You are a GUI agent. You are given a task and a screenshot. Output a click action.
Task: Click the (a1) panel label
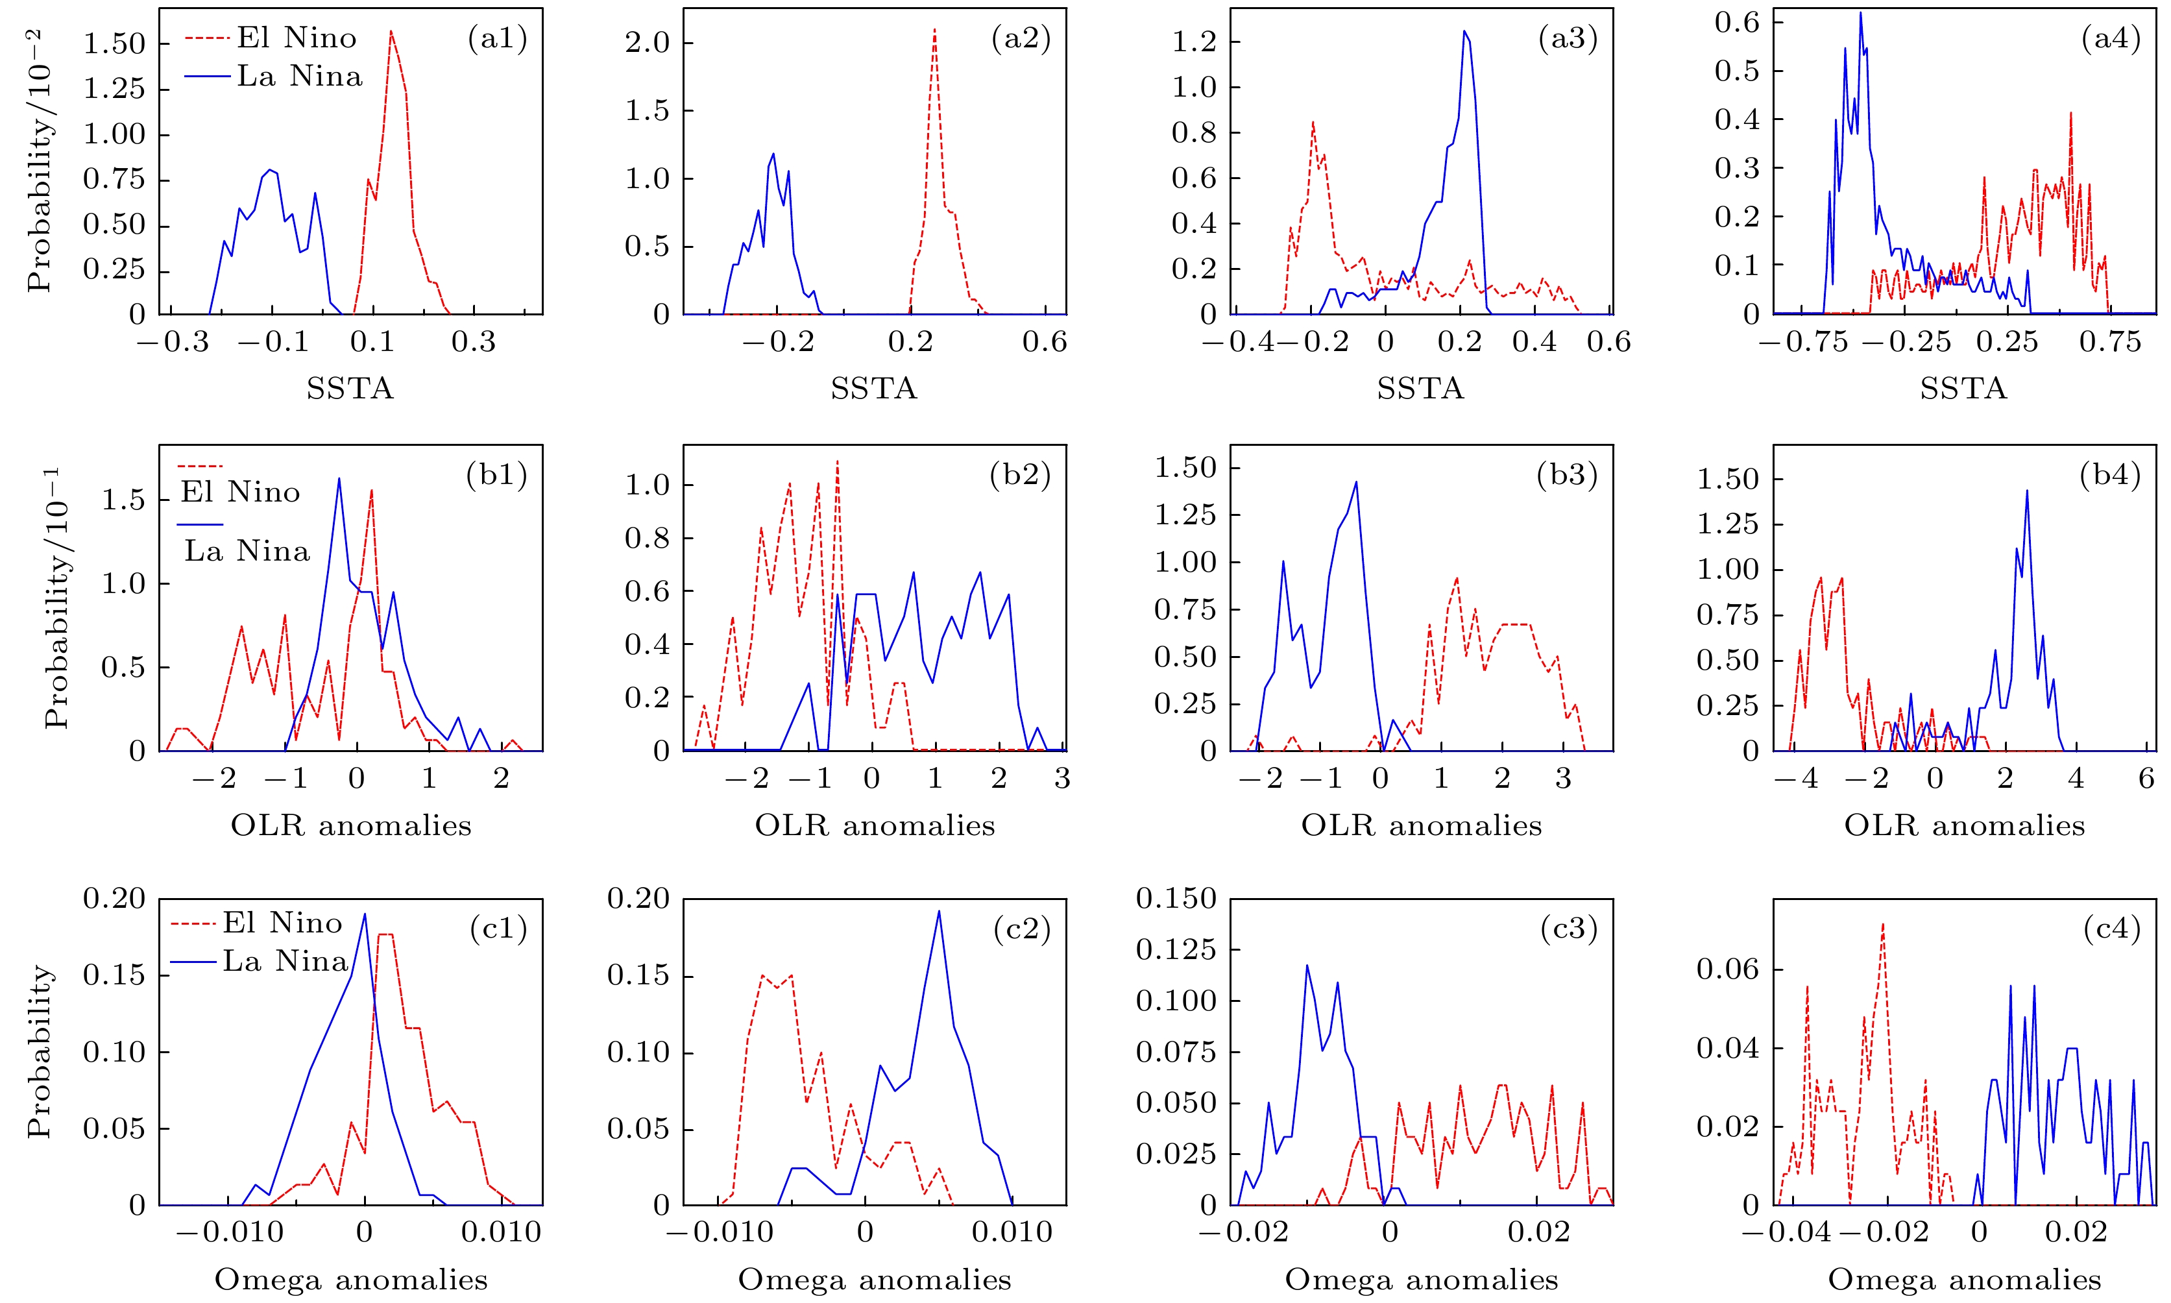coord(497,39)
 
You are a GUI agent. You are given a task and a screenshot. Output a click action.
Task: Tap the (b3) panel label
coord(1567,475)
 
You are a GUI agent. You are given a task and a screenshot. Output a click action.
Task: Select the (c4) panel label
coord(2111,929)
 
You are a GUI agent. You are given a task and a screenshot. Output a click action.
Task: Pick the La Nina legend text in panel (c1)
coord(285,962)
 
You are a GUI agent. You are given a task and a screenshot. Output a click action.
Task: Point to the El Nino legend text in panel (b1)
coord(239,492)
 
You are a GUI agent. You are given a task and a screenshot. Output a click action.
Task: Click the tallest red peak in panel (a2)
coord(934,29)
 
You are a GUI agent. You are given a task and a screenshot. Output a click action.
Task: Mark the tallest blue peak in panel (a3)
coord(1464,32)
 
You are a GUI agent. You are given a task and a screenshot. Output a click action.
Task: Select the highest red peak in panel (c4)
coord(1883,923)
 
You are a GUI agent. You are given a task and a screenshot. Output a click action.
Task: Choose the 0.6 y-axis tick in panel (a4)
coord(1738,22)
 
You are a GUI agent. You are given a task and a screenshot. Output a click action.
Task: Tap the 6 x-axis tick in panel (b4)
coord(2146,779)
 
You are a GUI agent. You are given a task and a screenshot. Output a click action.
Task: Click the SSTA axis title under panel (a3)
coord(1420,388)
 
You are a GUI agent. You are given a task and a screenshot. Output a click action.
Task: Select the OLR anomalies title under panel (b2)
coord(875,825)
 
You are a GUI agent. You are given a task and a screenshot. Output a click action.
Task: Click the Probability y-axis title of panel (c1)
coord(40,1051)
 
